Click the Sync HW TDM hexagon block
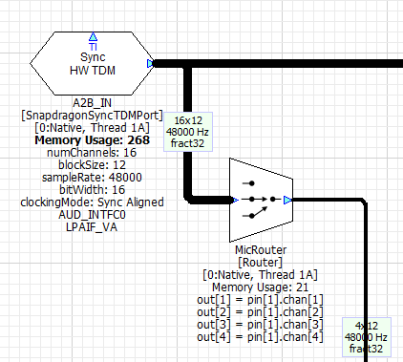(92, 63)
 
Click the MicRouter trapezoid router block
(259, 200)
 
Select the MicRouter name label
(261, 249)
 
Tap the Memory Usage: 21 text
(261, 287)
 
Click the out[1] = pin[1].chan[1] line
(261, 299)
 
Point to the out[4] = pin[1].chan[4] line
(261, 336)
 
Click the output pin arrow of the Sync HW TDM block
(151, 64)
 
